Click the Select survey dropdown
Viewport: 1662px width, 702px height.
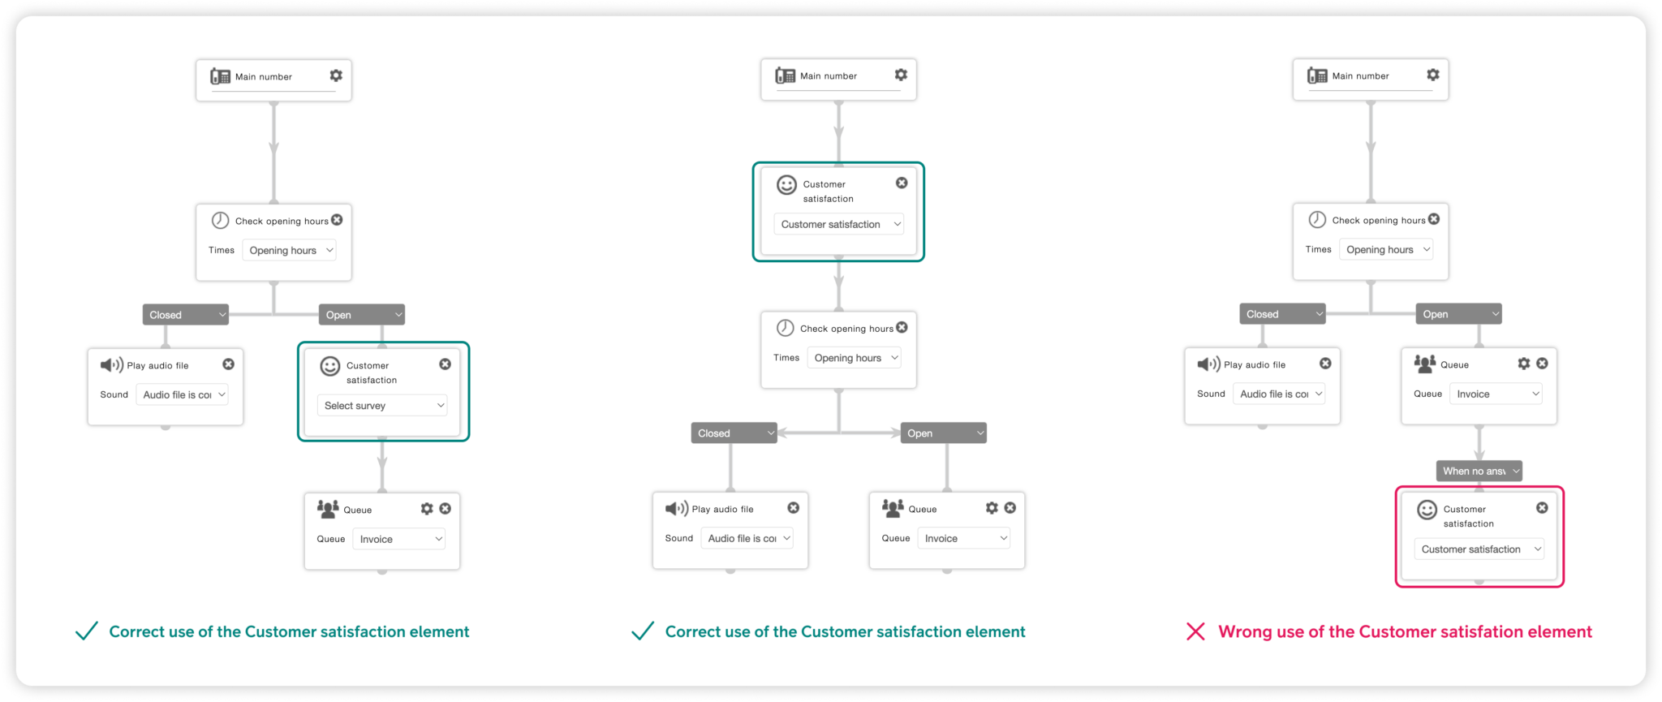382,405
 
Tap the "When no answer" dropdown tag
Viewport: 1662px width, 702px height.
1479,471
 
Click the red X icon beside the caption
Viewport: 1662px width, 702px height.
1195,631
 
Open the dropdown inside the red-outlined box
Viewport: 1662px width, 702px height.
1479,549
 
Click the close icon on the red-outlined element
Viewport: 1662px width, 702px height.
1542,507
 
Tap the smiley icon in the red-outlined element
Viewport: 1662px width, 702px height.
1427,510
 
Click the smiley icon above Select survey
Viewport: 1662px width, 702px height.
330,366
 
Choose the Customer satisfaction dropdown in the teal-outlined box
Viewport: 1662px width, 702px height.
838,224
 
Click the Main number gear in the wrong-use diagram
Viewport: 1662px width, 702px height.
1433,75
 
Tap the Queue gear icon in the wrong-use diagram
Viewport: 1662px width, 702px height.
1524,364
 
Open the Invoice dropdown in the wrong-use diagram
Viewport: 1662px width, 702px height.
1496,394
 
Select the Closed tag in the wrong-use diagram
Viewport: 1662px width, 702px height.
1282,314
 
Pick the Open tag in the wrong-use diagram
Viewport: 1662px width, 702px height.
1458,314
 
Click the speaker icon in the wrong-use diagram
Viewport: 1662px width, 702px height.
1208,364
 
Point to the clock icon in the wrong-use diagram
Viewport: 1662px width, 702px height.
1317,219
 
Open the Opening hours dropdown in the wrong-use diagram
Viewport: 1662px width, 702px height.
1386,249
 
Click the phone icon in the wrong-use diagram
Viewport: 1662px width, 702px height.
1317,75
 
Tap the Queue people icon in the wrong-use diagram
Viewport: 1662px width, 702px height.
1425,364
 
